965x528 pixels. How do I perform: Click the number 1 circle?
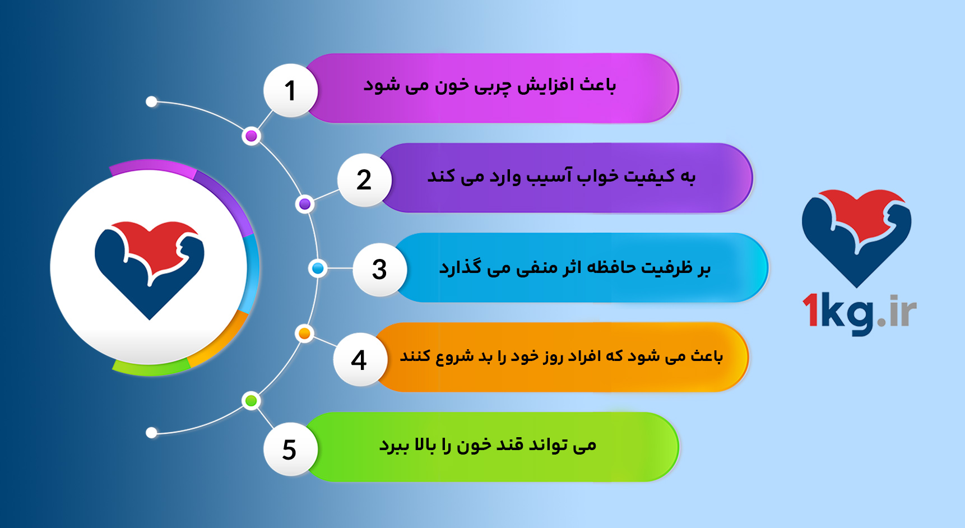pos(290,91)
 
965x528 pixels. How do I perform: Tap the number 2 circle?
pos(364,180)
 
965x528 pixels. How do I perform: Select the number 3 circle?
pos(379,270)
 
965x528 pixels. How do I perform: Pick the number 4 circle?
pos(359,360)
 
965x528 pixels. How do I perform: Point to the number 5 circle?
pos(290,450)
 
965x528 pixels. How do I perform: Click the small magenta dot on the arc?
pos(252,136)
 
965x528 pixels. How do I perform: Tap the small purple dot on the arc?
pos(305,204)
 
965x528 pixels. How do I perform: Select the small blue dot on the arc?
pos(318,269)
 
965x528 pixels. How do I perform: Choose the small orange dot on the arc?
pos(304,334)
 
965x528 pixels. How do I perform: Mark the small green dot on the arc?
pos(251,401)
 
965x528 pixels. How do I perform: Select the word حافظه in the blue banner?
pos(611,267)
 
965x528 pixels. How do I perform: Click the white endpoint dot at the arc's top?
pos(151,102)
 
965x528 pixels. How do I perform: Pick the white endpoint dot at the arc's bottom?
pos(151,433)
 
